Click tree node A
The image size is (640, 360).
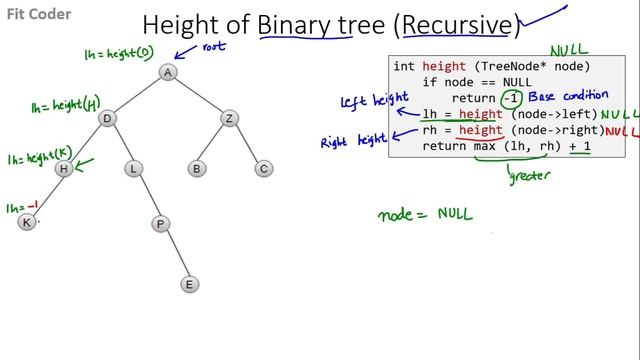[x=168, y=72]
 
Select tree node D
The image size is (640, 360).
[x=107, y=119]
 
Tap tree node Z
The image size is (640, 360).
[x=229, y=119]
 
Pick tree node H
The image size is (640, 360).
[x=64, y=169]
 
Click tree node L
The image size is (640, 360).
[x=133, y=169]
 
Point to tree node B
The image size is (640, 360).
[x=197, y=169]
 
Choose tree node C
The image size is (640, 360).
[x=263, y=169]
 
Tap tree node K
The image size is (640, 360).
[x=27, y=222]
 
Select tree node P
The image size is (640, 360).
[x=159, y=224]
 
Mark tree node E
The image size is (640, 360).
[x=188, y=284]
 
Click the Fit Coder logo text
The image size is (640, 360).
[x=31, y=17]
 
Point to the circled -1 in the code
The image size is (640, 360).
[x=512, y=98]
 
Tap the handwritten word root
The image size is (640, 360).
[x=215, y=46]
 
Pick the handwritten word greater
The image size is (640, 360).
[x=530, y=177]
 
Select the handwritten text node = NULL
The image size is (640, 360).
[x=425, y=213]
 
